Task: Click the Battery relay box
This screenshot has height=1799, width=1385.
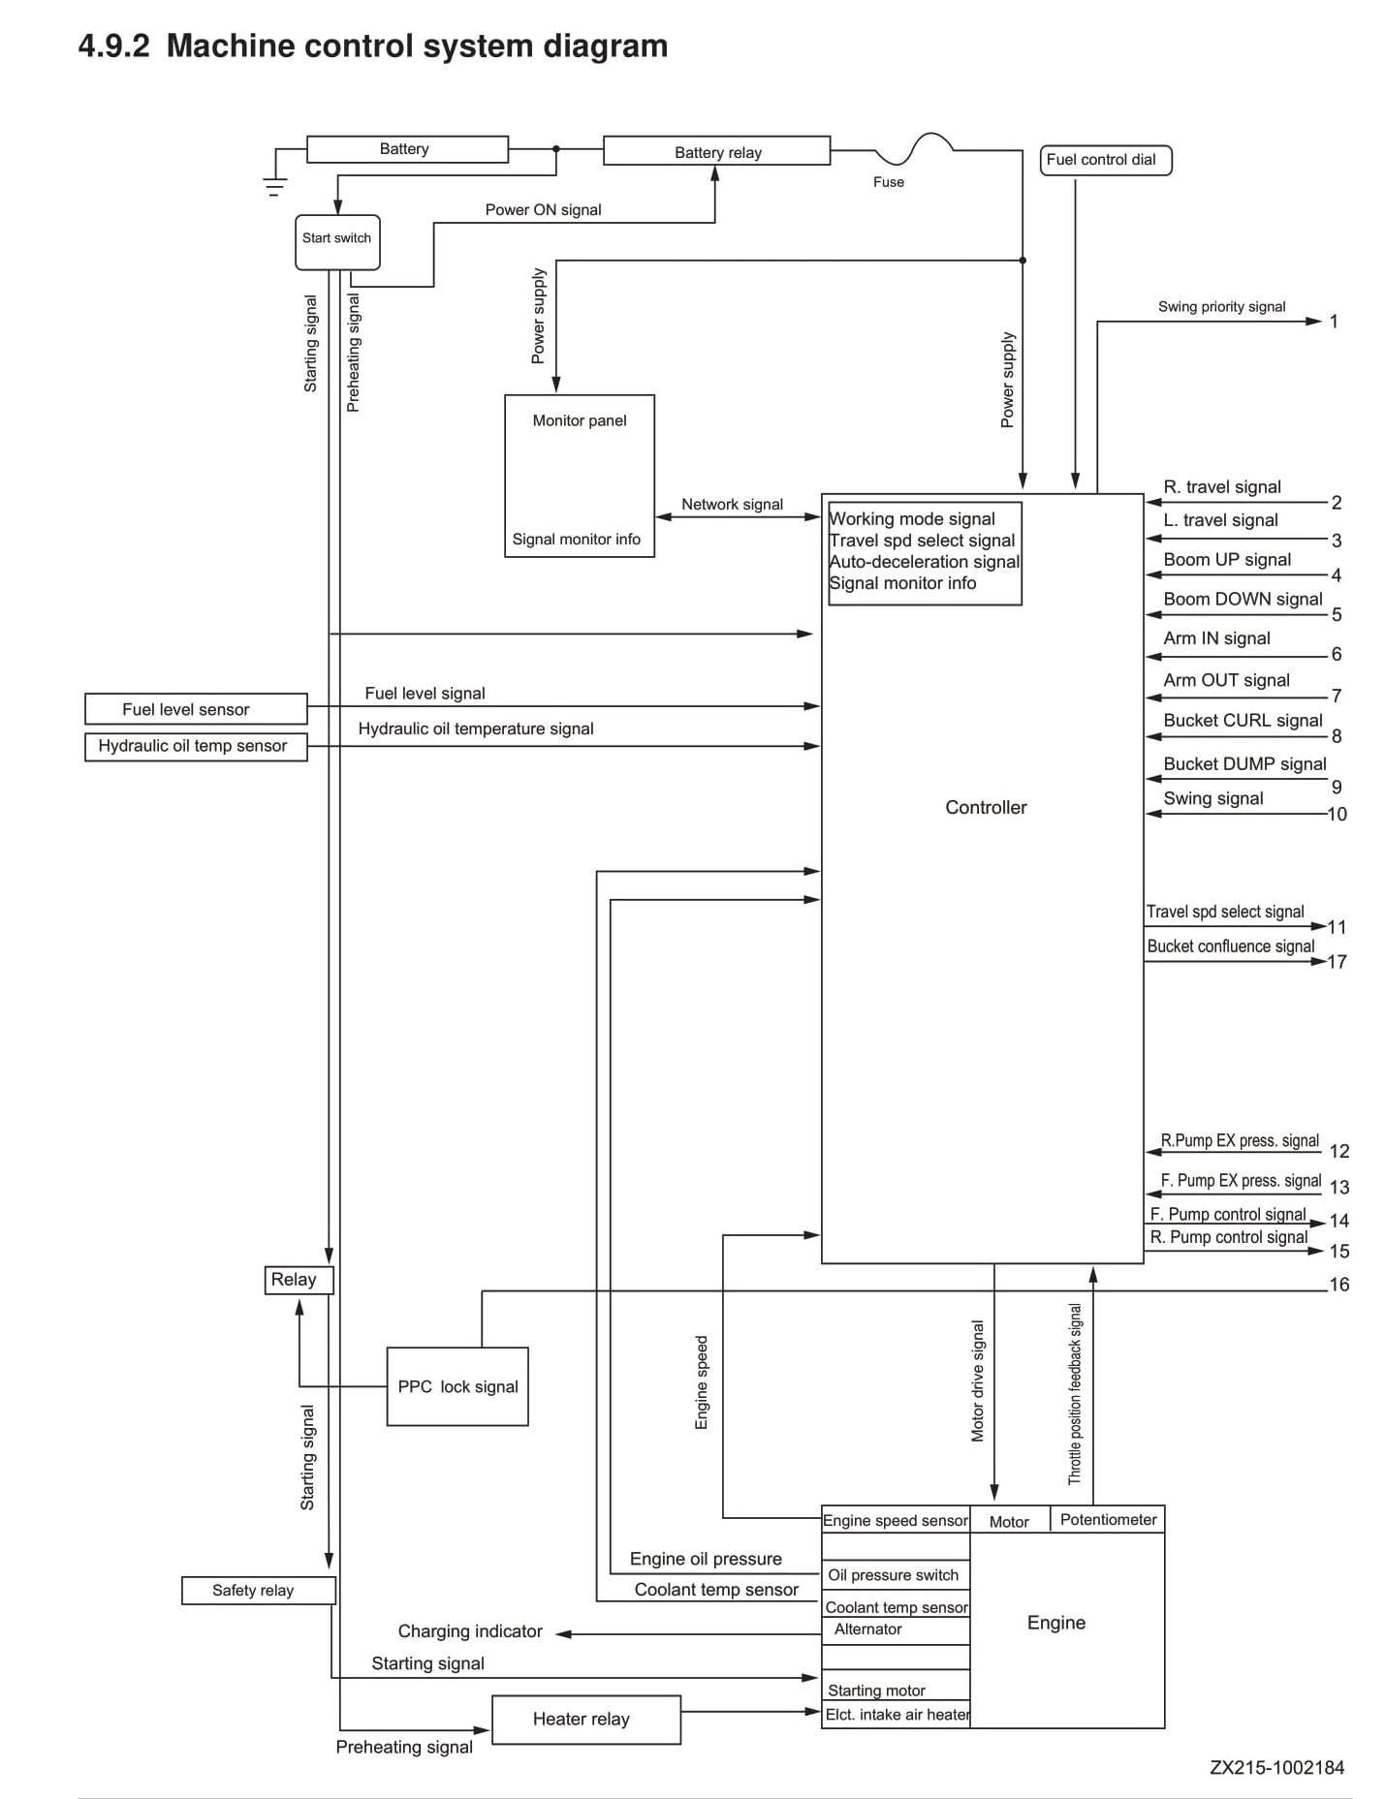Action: point(716,151)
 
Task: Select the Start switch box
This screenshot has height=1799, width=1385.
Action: point(337,242)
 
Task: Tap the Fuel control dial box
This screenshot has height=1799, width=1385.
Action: point(1106,160)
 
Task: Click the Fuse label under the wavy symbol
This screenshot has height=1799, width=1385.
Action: point(888,182)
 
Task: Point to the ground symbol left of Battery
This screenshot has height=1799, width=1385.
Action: point(275,184)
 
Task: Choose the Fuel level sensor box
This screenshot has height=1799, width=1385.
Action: point(196,709)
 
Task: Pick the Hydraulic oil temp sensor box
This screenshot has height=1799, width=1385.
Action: point(196,746)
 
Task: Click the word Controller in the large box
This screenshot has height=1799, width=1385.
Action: point(986,807)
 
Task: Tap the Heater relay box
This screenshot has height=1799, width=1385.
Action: point(586,1720)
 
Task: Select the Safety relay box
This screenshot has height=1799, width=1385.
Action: point(259,1591)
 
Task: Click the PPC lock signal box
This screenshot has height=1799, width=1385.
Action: point(457,1386)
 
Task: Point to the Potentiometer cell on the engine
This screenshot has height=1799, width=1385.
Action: point(1108,1519)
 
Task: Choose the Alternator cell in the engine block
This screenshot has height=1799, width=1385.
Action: point(896,1629)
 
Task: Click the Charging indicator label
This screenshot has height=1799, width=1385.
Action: point(470,1631)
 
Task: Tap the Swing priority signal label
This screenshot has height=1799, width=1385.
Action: point(1221,307)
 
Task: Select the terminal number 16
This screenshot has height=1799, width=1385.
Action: point(1338,1285)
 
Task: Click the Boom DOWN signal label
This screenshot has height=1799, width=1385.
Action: point(1243,599)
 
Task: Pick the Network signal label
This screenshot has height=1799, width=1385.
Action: point(732,505)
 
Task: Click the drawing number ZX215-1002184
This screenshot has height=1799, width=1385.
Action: point(1276,1768)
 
